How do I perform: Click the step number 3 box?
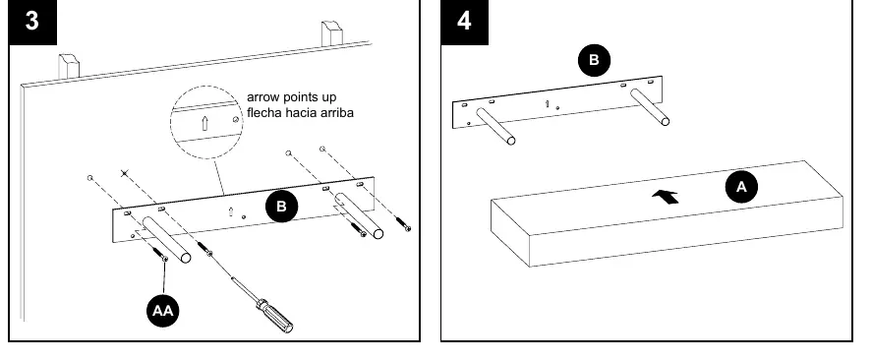pyautogui.click(x=32, y=22)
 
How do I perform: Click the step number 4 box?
pyautogui.click(x=464, y=22)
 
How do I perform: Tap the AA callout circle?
pyautogui.click(x=163, y=311)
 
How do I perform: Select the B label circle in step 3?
pyautogui.click(x=281, y=207)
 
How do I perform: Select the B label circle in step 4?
pyautogui.click(x=594, y=60)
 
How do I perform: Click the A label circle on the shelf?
pyautogui.click(x=741, y=187)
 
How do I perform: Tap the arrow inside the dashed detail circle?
pyautogui.click(x=204, y=123)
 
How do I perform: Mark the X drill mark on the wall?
pyautogui.click(x=125, y=174)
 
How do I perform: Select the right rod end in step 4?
pyautogui.click(x=665, y=121)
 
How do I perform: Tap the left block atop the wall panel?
pyautogui.click(x=70, y=66)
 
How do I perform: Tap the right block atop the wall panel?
pyautogui.click(x=332, y=33)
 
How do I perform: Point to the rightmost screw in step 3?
pyautogui.click(x=404, y=223)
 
